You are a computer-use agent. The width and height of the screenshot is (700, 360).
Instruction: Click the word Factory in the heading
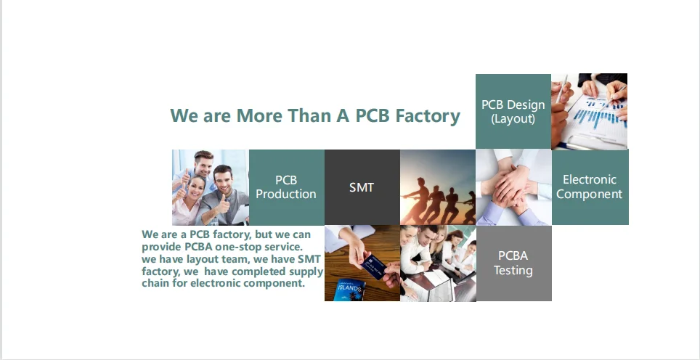pos(428,115)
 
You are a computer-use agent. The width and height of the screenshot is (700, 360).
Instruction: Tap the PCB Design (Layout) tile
pos(513,111)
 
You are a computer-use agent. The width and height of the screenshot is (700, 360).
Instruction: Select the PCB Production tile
pos(287,187)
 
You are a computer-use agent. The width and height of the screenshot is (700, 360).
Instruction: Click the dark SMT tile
pos(362,187)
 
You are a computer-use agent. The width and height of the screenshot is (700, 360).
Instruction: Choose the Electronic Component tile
pos(590,187)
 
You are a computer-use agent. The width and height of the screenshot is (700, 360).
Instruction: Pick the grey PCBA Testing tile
pos(514,263)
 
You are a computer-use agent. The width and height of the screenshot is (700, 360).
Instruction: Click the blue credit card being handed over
pos(373,266)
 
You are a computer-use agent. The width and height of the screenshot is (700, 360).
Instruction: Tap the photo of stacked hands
pos(514,187)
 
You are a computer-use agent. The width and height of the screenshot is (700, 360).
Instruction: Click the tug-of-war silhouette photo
pos(438,187)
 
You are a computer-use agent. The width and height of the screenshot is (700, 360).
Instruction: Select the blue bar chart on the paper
pos(598,114)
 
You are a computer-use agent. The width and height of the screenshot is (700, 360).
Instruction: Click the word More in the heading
pos(259,115)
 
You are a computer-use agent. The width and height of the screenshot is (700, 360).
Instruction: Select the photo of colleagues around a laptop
pos(438,263)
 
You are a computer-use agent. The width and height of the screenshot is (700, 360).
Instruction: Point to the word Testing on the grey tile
pos(513,271)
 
